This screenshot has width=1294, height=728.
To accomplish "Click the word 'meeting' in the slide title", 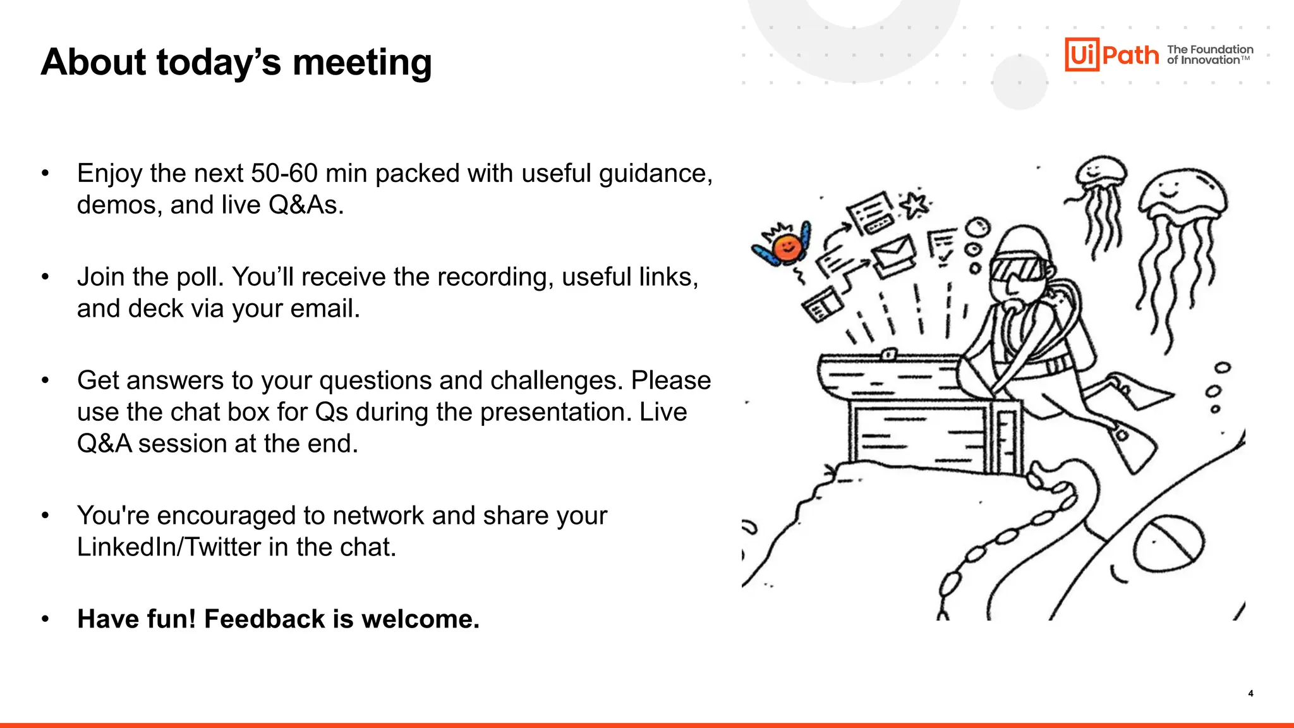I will coord(362,63).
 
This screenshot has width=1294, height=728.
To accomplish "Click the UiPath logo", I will coord(1111,55).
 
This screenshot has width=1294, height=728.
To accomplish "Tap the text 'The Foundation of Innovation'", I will coord(1209,55).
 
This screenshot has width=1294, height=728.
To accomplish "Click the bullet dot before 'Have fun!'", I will coord(45,619).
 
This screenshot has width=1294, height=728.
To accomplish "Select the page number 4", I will coord(1250,693).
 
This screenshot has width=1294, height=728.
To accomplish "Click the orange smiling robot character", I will coord(786,247).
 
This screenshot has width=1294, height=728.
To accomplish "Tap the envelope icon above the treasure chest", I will coord(893,253).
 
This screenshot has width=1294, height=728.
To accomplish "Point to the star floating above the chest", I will coord(914,205).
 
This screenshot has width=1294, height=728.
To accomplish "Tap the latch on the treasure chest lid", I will coord(889,354).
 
